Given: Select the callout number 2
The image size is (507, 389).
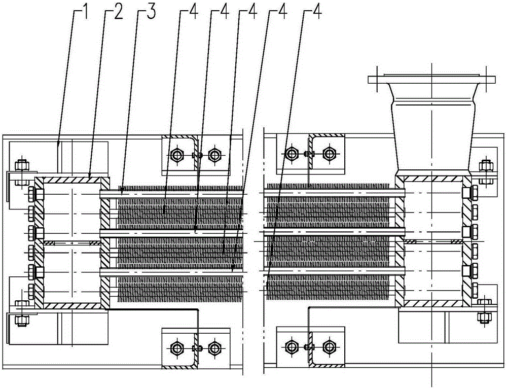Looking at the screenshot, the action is (x=118, y=13).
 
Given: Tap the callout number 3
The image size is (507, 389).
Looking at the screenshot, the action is (x=151, y=13).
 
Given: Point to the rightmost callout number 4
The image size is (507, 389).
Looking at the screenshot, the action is (x=316, y=13).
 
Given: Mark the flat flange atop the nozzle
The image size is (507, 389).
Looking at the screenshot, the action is (x=432, y=79).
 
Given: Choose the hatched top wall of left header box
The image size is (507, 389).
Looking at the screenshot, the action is (x=71, y=180).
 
